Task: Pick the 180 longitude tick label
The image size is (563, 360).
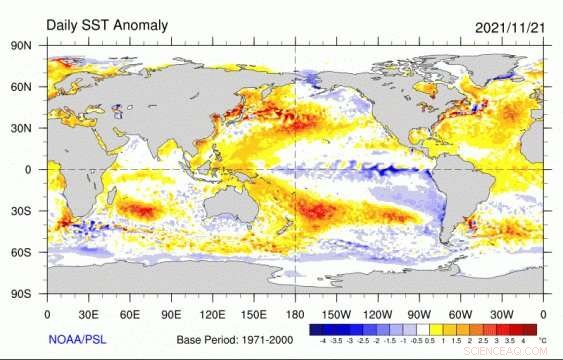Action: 296,311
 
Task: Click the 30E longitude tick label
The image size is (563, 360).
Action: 89,311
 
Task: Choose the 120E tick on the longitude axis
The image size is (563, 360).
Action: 213,311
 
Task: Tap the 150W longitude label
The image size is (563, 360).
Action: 337,311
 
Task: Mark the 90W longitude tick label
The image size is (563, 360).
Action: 420,311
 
